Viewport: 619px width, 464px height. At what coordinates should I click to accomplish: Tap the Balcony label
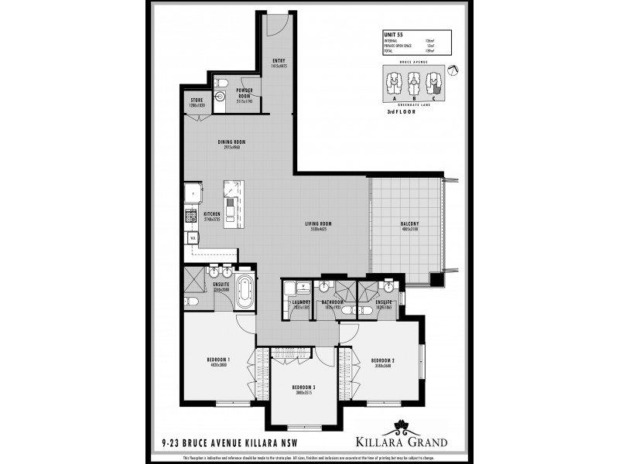409,223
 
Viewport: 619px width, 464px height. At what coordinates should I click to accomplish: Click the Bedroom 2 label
382,361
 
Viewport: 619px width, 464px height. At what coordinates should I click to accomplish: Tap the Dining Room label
231,142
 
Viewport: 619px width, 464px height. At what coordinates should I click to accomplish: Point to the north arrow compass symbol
454,71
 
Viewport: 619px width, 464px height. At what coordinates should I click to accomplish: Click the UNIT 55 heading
395,35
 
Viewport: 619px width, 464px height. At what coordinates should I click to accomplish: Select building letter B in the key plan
415,98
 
